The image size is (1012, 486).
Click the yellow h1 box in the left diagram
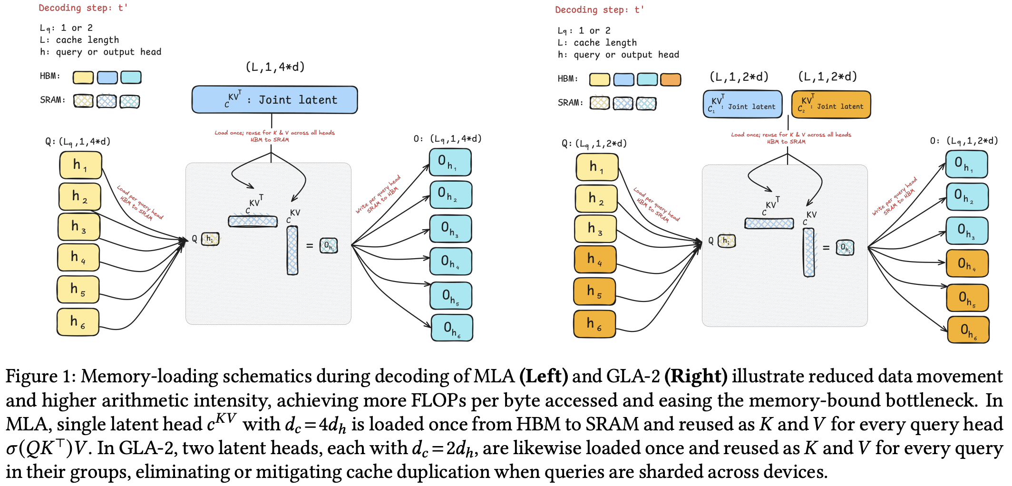point(80,165)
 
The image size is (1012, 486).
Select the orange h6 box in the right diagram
point(594,324)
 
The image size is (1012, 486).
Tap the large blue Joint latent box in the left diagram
point(274,100)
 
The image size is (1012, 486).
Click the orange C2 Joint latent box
point(831,105)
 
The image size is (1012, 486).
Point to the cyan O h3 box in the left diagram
point(450,229)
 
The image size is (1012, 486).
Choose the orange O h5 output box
point(967,298)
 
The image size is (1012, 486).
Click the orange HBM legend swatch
point(671,79)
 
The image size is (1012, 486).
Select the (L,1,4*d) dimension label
point(275,67)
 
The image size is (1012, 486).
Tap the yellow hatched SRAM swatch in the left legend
point(83,101)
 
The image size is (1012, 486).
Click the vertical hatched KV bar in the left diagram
point(292,250)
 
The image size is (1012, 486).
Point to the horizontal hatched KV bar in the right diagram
point(769,223)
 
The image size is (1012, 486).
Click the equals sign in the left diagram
point(310,246)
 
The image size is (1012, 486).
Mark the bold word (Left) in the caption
point(544,376)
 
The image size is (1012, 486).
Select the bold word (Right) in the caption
point(696,376)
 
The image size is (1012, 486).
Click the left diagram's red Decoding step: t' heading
point(83,8)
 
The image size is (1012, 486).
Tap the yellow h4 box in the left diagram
point(78,257)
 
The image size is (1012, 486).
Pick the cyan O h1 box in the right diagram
point(966,165)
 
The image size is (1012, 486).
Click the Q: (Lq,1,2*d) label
point(594,144)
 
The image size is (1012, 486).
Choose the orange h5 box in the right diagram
point(594,291)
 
